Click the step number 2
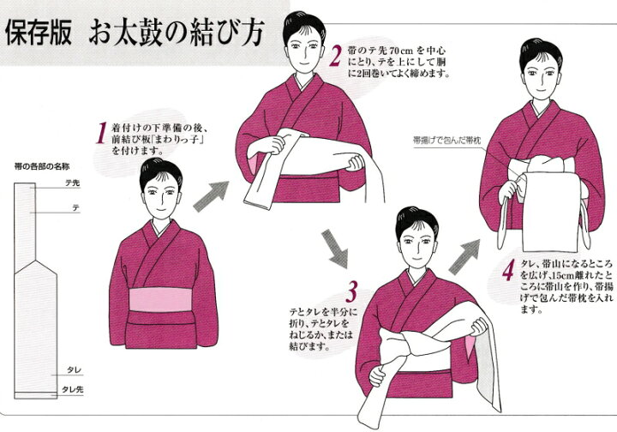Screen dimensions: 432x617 click(x=336, y=57)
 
